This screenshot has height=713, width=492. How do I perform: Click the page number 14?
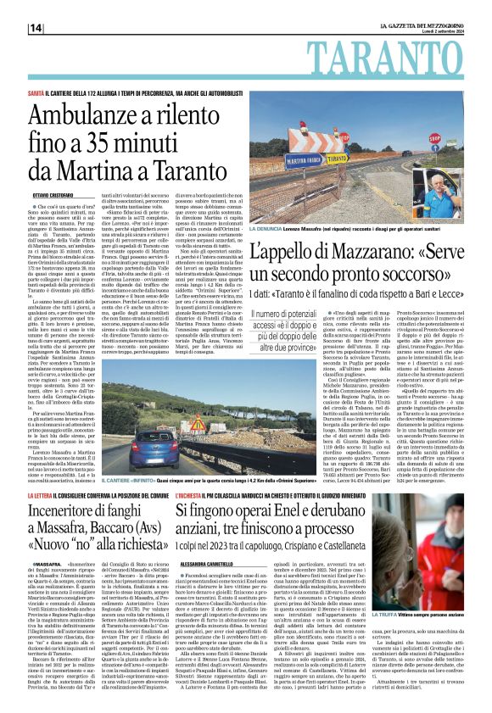pos(36,28)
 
